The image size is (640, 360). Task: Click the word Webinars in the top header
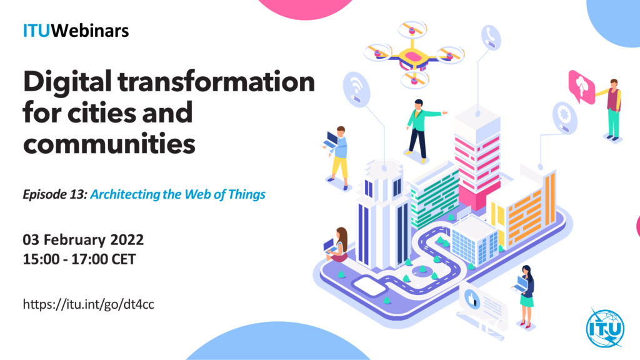click(x=90, y=31)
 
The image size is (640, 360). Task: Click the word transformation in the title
click(x=216, y=82)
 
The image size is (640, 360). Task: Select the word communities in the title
click(x=109, y=144)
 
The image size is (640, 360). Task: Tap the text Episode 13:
click(x=55, y=195)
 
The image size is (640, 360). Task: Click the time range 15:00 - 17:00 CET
click(x=79, y=259)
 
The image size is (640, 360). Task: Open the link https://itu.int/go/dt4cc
click(x=89, y=304)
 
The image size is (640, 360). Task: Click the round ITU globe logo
click(x=605, y=328)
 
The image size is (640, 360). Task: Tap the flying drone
click(x=414, y=55)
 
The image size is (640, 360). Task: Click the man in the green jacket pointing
click(x=422, y=130)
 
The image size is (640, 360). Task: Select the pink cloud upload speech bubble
click(x=581, y=86)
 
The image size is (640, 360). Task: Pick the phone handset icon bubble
click(x=491, y=37)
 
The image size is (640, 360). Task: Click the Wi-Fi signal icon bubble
click(x=357, y=90)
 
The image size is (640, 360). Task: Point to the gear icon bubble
click(x=565, y=117)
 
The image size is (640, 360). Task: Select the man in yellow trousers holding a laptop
click(x=337, y=157)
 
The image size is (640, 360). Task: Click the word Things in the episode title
click(x=246, y=195)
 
